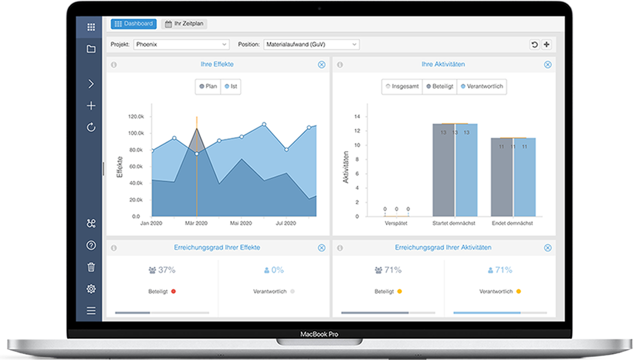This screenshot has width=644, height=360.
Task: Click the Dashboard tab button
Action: pos(134,24)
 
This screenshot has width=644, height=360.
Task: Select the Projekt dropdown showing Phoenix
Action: pos(181,44)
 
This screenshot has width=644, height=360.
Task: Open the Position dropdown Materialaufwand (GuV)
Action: pos(311,44)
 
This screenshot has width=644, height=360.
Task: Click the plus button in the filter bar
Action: pos(547,44)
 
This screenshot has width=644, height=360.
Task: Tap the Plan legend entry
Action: pos(208,86)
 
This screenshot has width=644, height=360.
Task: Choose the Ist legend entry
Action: pos(231,86)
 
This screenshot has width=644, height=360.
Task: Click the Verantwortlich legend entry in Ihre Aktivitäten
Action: pos(482,86)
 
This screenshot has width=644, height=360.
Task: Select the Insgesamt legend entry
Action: pos(402,86)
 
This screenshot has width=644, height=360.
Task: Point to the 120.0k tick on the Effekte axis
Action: pos(136,116)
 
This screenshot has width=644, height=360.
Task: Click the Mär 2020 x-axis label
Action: pos(196,223)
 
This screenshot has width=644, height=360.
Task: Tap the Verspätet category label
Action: pos(396,223)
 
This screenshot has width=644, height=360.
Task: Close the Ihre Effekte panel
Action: pos(321,65)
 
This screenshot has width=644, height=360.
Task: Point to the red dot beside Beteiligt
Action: pos(173,291)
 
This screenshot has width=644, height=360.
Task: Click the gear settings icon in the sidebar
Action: pos(91,289)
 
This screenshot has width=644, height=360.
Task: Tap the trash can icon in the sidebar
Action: pos(91,267)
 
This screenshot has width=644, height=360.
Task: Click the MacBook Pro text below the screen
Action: pos(319,334)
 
